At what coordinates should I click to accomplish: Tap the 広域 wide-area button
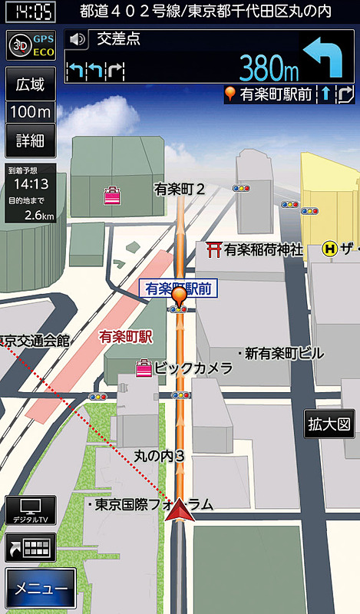(30, 84)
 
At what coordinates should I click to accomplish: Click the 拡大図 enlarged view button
(329, 423)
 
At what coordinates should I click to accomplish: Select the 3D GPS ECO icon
(30, 45)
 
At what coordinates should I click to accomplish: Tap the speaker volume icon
(75, 39)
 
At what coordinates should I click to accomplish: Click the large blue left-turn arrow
(325, 59)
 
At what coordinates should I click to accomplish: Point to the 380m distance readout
(268, 68)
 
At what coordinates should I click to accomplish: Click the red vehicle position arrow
(180, 510)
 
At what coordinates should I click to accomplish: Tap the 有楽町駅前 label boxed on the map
(178, 288)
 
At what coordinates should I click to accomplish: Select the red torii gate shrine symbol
(214, 249)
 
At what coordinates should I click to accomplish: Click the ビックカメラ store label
(193, 368)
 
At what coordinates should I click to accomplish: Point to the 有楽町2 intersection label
(179, 188)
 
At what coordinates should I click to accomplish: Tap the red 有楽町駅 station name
(125, 336)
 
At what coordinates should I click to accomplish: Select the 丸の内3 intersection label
(160, 456)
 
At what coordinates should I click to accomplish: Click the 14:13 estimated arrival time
(31, 184)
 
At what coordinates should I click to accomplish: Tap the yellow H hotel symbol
(330, 249)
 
